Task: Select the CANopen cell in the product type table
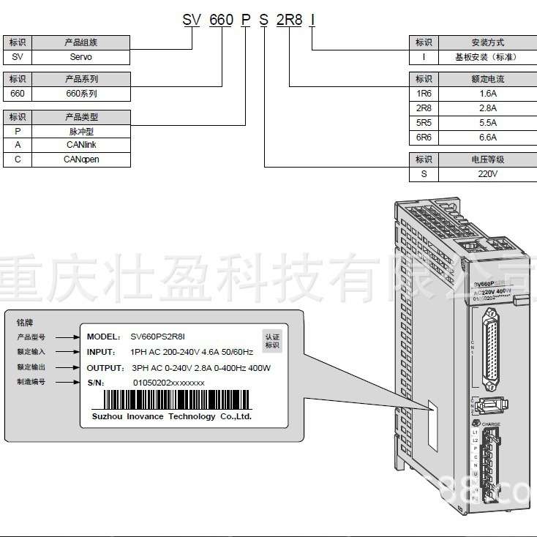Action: point(82,159)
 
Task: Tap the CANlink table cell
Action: point(82,145)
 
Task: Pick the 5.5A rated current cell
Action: point(487,122)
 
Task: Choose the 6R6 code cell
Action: point(423,137)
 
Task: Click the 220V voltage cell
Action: point(487,174)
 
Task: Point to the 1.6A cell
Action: point(487,94)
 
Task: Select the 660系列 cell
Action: point(82,94)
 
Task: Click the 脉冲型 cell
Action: point(82,132)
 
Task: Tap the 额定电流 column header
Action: point(487,79)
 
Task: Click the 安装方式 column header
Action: point(487,42)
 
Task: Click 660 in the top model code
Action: point(221,20)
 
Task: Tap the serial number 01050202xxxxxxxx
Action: point(168,383)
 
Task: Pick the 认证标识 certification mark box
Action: point(271,340)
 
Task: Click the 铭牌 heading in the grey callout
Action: point(25,322)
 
